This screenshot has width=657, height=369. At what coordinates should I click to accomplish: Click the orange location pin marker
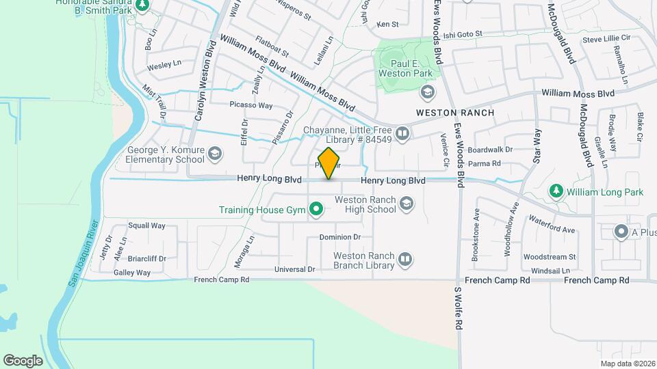tap(329, 163)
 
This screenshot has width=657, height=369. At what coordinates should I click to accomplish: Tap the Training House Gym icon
tap(316, 210)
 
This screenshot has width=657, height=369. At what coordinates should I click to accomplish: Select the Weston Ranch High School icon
tap(407, 204)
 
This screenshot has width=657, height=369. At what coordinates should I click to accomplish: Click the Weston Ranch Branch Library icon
tap(406, 259)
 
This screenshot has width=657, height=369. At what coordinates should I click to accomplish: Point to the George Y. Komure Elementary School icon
tap(216, 154)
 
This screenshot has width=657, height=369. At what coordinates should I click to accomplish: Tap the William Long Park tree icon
tap(557, 192)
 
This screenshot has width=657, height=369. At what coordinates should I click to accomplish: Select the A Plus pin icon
tap(621, 232)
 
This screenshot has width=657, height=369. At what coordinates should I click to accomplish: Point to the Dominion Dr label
tap(339, 237)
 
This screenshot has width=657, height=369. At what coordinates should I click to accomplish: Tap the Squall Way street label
tap(147, 225)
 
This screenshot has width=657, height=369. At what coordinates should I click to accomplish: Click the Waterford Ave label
tap(552, 225)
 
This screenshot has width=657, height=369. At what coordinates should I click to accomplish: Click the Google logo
tap(23, 360)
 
